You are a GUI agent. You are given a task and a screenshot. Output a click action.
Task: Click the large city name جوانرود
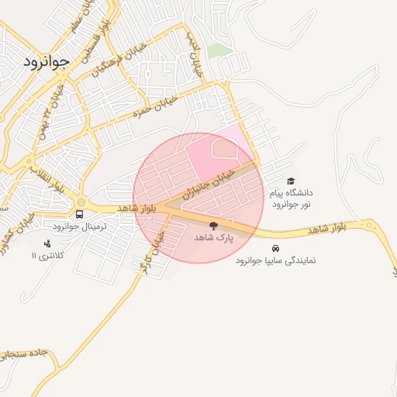click(46, 59)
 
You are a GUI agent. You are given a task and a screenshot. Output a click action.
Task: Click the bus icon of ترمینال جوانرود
click(79, 214)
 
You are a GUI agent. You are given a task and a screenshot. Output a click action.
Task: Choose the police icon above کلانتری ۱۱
click(47, 244)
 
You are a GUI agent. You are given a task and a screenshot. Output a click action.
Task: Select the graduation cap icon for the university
click(291, 181)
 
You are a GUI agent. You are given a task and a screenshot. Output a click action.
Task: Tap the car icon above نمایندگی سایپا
click(276, 250)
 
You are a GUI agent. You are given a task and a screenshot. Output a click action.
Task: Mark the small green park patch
click(219, 50)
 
